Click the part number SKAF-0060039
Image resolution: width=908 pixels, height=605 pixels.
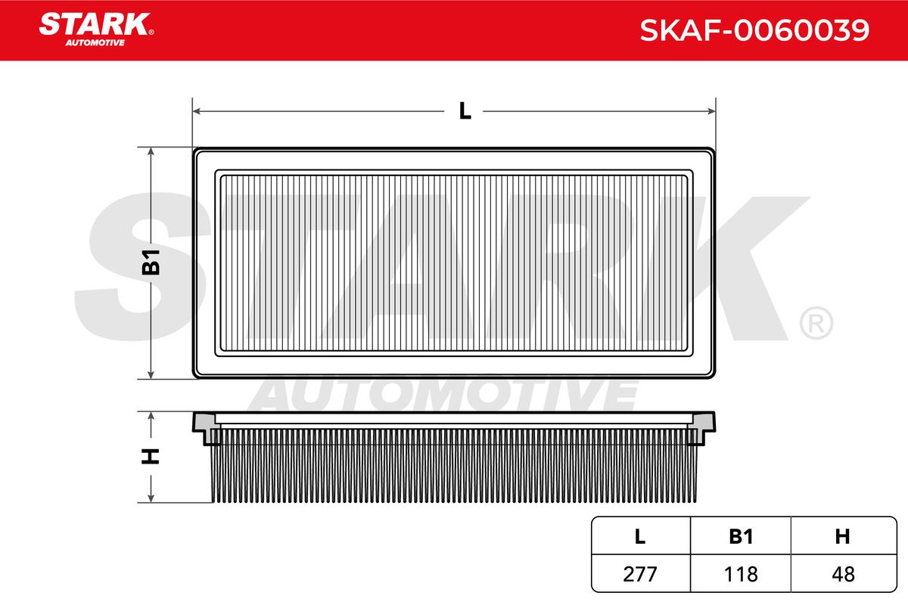coord(754,30)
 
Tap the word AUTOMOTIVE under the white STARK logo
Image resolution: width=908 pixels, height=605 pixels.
coord(95,43)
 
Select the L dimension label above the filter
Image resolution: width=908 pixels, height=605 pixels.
coord(465,110)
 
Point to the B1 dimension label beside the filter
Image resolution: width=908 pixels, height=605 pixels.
coord(151,262)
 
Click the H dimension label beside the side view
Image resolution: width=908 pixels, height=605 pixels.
coord(151,456)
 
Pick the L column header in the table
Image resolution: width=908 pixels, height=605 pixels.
coord(639,536)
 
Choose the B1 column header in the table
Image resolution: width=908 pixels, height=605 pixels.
coord(741,536)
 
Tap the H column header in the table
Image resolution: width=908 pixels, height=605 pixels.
coord(842,536)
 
